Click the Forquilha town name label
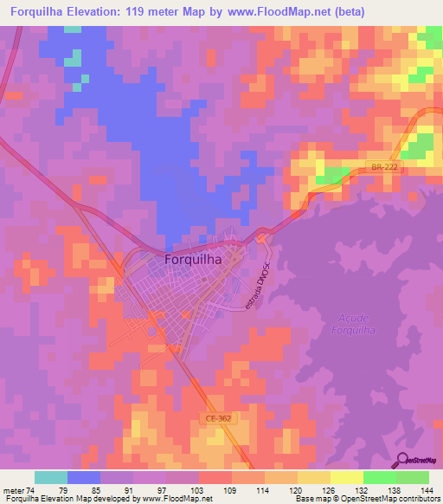[193, 258]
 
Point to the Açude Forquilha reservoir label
[351, 322]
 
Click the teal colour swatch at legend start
[50, 477]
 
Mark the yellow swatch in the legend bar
[345, 477]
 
